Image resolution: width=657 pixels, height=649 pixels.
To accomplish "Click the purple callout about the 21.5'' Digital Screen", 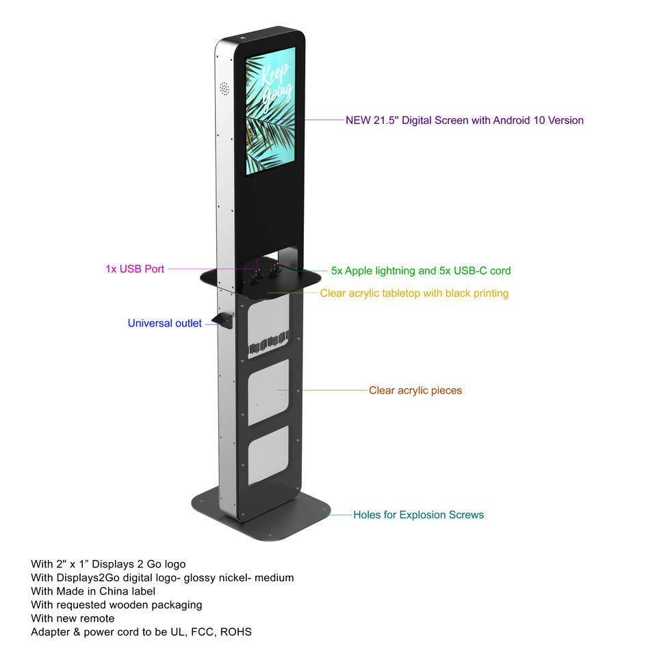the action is (x=464, y=120).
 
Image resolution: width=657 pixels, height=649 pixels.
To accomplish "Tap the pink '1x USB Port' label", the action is (x=135, y=269).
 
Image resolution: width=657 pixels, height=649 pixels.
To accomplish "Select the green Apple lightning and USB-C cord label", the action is (x=420, y=270).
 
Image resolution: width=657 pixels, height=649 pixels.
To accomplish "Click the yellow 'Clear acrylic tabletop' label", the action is (x=414, y=293).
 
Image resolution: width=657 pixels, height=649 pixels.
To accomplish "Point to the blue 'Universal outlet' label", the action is (x=164, y=323).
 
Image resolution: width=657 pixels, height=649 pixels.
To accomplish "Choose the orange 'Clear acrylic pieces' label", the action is (x=415, y=390).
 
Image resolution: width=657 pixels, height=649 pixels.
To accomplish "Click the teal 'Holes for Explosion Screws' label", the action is (x=418, y=515).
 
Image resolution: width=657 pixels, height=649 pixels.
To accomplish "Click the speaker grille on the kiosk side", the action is (x=224, y=89).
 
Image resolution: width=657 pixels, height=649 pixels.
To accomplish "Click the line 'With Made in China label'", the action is (x=93, y=591).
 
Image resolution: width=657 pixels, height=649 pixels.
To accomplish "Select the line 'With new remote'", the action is (x=73, y=618).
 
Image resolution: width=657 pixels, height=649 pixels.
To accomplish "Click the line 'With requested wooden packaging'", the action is (x=116, y=605).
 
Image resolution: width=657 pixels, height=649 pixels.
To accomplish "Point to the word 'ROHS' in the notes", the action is (x=235, y=632).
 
